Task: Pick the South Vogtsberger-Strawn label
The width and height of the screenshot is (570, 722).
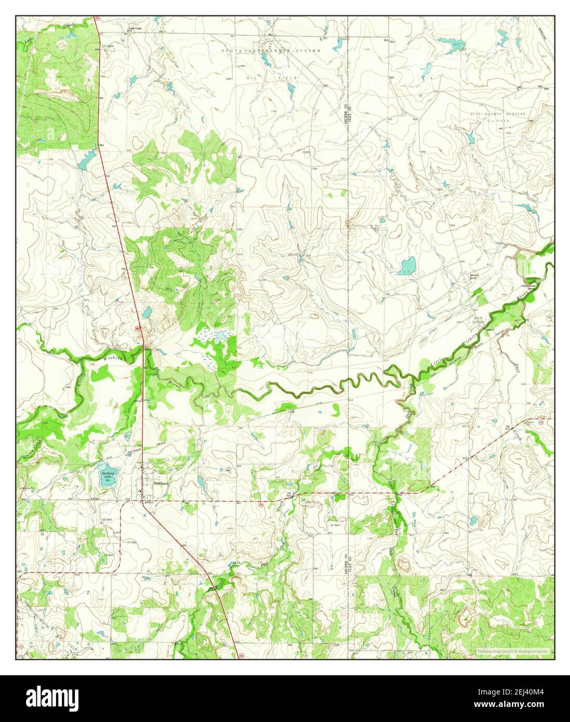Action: point(272,50)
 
